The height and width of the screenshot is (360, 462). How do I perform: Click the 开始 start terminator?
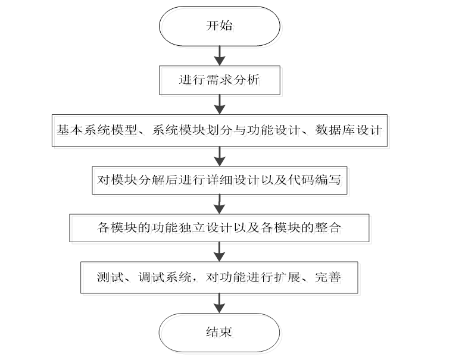click(x=219, y=27)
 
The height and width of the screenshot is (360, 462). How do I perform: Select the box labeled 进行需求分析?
click(x=219, y=80)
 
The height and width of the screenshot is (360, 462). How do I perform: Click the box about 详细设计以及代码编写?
click(x=219, y=179)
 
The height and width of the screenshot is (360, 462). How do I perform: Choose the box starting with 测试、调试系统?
click(x=219, y=277)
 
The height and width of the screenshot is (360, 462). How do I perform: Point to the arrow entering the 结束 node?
click(x=219, y=303)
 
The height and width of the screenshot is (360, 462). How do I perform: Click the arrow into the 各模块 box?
click(x=219, y=204)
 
